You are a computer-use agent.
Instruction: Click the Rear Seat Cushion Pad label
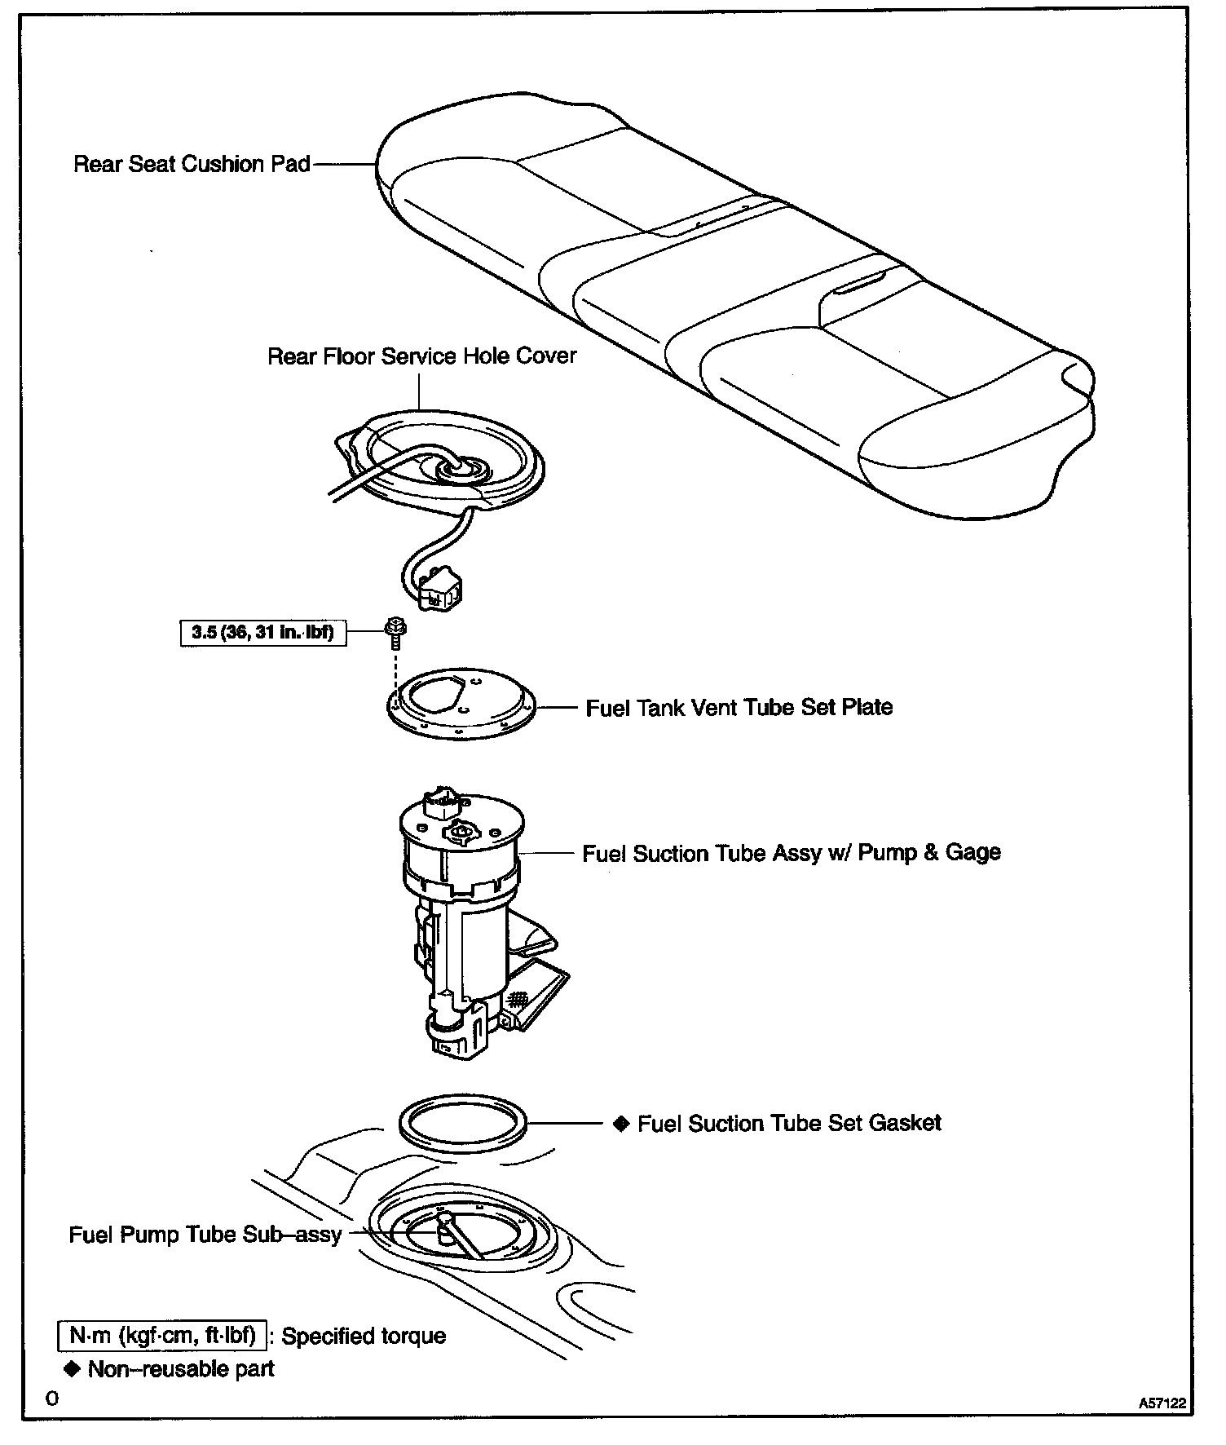coord(192,164)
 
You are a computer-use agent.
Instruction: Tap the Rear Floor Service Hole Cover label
coord(421,356)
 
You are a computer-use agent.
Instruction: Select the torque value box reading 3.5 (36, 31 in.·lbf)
coord(262,632)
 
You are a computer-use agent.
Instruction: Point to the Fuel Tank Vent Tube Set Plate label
coord(739,707)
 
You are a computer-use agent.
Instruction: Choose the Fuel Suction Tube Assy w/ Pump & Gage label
coord(791,853)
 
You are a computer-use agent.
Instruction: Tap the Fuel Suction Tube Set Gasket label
coord(789,1123)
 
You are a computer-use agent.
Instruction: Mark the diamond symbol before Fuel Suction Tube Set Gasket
coord(621,1124)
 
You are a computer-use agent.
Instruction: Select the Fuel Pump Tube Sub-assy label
coord(205,1235)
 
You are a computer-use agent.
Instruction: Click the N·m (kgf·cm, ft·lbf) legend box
coord(162,1336)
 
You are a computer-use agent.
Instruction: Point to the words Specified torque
coord(364,1337)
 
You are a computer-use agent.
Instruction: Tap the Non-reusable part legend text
coord(181,1368)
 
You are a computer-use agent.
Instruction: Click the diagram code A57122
coord(1162,1403)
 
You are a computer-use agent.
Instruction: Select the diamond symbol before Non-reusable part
coord(73,1368)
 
